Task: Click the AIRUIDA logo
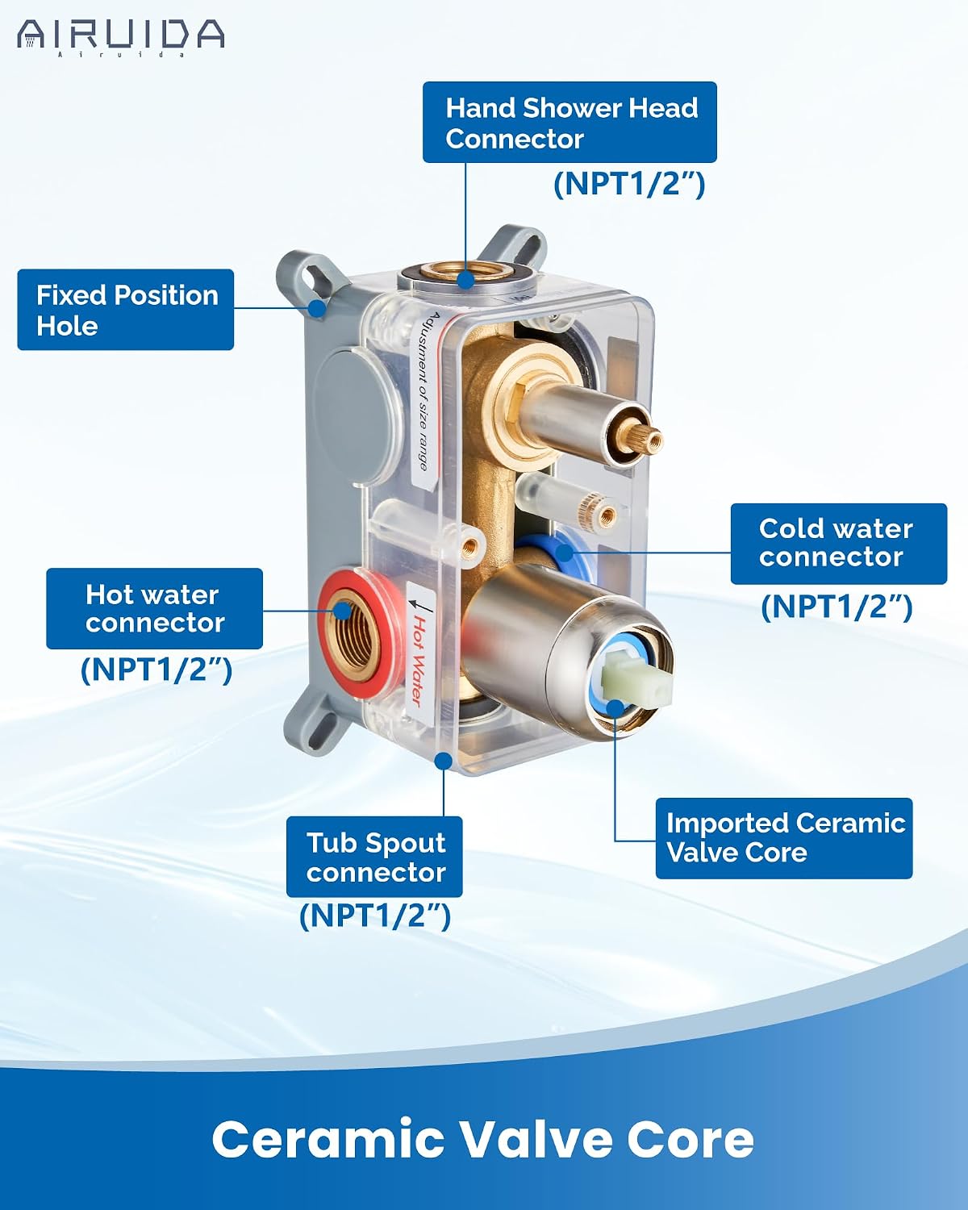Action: pyautogui.click(x=120, y=36)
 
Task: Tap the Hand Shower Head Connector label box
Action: pyautogui.click(x=570, y=122)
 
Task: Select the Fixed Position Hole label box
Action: pyautogui.click(x=125, y=310)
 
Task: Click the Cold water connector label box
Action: pyautogui.click(x=839, y=544)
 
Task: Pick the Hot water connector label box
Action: pyautogui.click(x=154, y=608)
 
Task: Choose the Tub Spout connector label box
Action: pyautogui.click(x=374, y=857)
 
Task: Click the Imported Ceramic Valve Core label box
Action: pyautogui.click(x=784, y=838)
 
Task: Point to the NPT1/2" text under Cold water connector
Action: pyautogui.click(x=837, y=607)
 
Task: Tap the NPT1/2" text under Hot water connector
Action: pyautogui.click(x=156, y=670)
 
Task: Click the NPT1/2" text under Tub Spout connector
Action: pyautogui.click(x=375, y=916)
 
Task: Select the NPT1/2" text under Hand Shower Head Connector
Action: pyautogui.click(x=629, y=183)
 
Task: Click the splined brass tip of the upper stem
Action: pyautogui.click(x=647, y=439)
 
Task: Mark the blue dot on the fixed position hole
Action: pyautogui.click(x=319, y=308)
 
